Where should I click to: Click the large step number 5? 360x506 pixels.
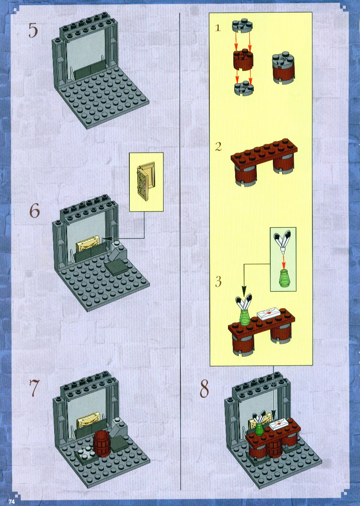click(x=33, y=30)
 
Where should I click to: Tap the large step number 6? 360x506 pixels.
click(x=35, y=211)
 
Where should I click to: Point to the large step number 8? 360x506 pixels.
click(x=204, y=389)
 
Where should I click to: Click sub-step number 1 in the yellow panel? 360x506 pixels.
click(x=218, y=28)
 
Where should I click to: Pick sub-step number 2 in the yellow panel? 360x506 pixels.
click(x=218, y=147)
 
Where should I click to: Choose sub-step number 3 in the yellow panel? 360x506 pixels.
click(x=218, y=282)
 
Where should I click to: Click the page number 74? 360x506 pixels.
click(x=12, y=502)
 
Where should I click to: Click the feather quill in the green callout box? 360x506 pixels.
click(x=282, y=241)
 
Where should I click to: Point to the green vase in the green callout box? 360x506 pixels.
click(x=284, y=277)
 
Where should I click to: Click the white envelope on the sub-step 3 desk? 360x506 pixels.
click(x=269, y=313)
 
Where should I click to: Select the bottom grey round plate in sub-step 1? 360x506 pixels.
click(x=244, y=88)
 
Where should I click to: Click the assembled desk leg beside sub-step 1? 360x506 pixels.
click(x=283, y=68)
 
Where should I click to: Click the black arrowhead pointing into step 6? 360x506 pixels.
click(x=107, y=238)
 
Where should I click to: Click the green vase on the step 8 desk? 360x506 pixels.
click(x=259, y=430)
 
